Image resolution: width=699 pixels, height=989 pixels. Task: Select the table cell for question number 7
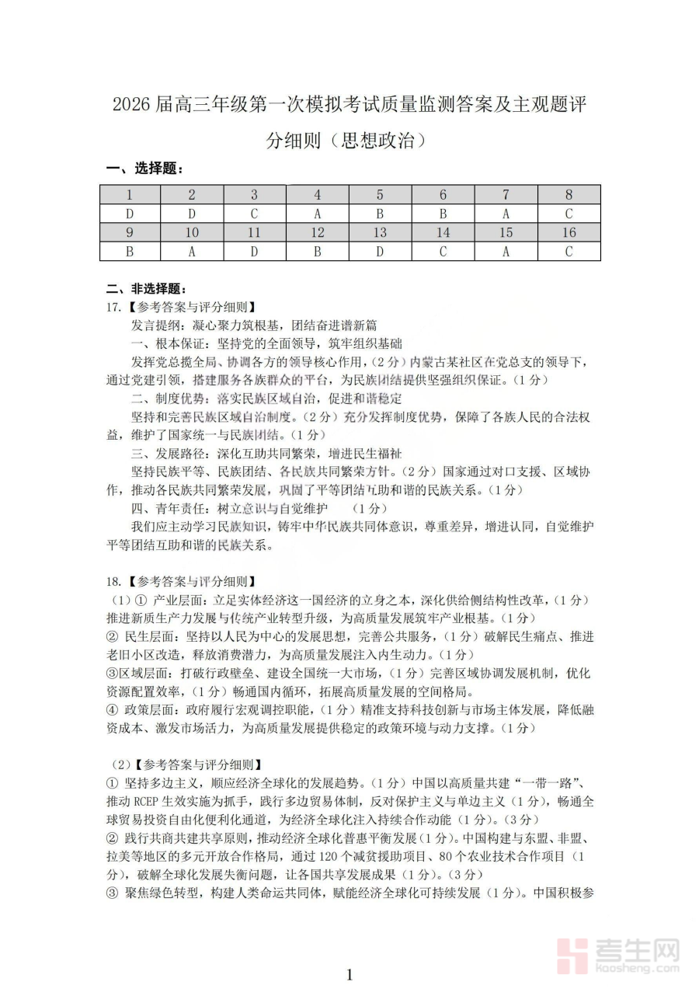coord(506,195)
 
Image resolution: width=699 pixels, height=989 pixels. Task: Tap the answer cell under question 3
coord(254,214)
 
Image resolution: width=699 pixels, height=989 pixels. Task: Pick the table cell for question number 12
coord(317,232)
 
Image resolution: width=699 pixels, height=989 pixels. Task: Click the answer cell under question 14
coord(443,251)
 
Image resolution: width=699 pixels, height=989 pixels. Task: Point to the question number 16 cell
coord(569,232)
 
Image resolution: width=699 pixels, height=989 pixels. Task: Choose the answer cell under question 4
coord(317,214)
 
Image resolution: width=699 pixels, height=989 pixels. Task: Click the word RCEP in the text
coord(155,800)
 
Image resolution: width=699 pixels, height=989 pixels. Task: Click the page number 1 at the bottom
coord(349,974)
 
